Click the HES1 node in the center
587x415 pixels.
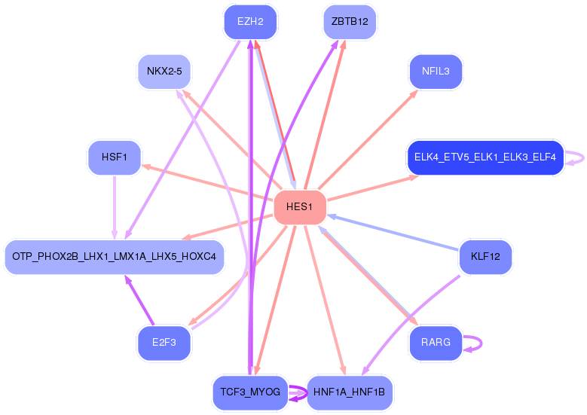click(x=299, y=207)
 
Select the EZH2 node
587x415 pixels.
click(x=250, y=22)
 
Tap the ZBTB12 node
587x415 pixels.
click(x=349, y=22)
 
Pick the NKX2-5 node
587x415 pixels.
click(x=164, y=72)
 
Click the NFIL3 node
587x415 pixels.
click(x=436, y=72)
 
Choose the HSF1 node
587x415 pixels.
click(x=115, y=157)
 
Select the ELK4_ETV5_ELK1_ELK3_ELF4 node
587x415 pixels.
click(x=485, y=157)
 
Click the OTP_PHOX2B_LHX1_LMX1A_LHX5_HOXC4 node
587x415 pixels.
click(x=115, y=257)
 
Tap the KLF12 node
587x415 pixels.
click(x=485, y=257)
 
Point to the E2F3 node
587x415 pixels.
click(x=164, y=343)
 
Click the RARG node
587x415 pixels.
click(x=436, y=343)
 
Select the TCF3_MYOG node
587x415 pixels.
click(x=250, y=392)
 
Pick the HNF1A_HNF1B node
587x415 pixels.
click(x=349, y=392)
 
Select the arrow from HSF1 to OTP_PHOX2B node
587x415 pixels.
click(x=115, y=207)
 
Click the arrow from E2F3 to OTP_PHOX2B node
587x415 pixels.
click(x=139, y=300)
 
